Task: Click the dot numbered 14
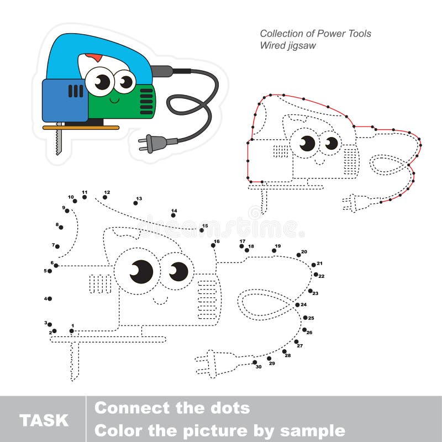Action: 173,215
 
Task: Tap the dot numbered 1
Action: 72,331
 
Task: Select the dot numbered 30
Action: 255,362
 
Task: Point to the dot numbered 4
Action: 50,299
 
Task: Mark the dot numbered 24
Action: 297,304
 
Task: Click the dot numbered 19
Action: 274,251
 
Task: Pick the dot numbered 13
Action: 135,203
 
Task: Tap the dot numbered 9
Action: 67,211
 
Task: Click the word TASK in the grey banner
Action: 44,420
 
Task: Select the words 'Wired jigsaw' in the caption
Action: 288,46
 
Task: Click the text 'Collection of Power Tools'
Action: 315,34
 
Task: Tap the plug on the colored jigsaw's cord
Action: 152,144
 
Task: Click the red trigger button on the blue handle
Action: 94,58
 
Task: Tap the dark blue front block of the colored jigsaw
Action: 64,99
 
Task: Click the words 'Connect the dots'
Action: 172,408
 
